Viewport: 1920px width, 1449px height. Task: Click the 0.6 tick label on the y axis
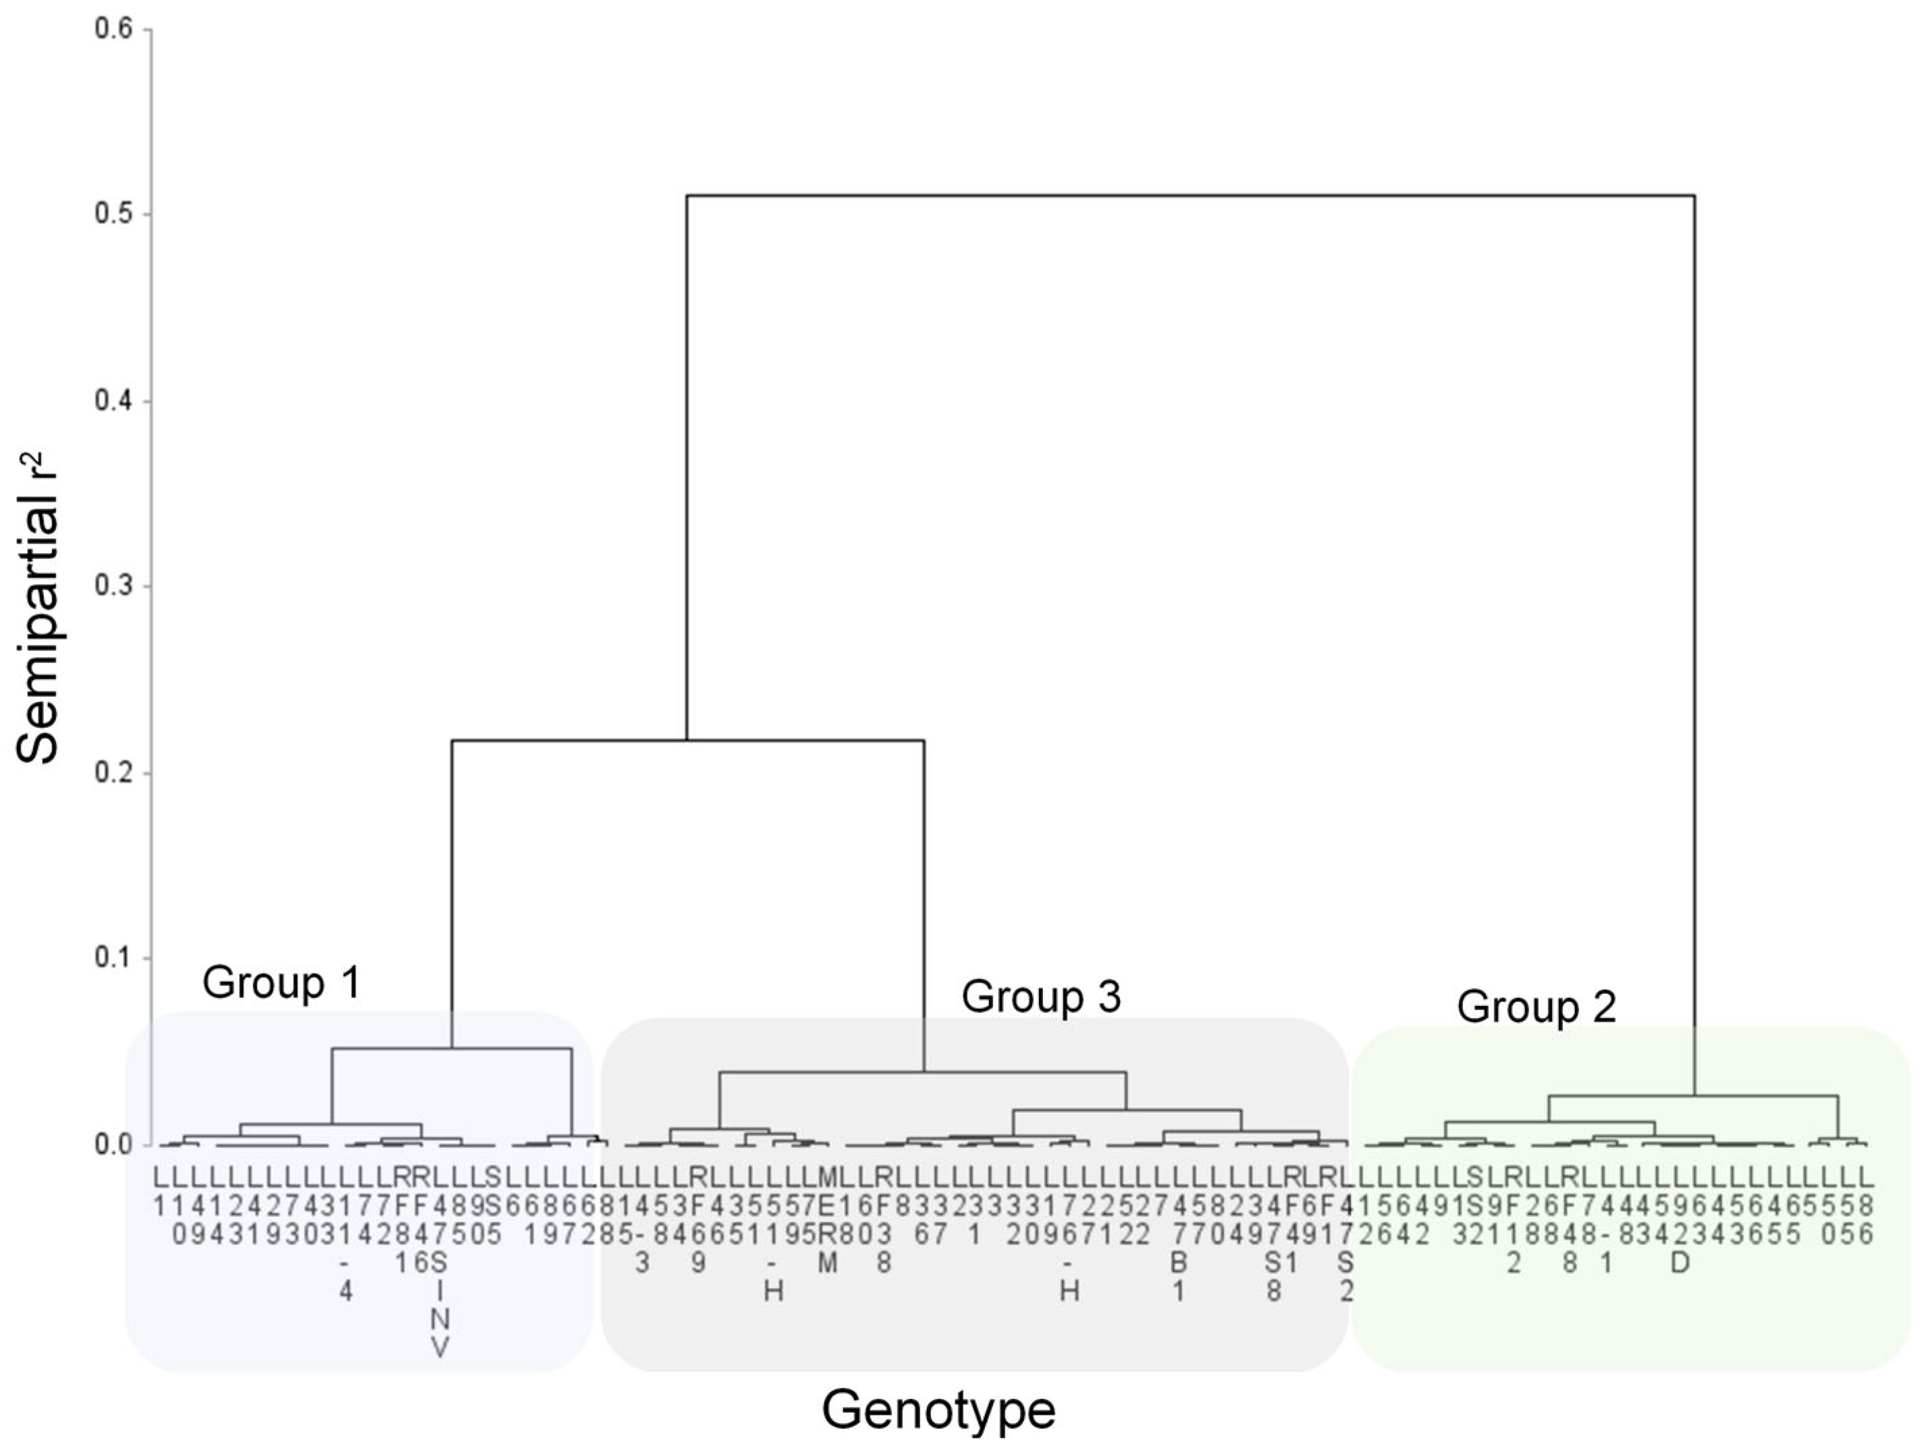(113, 30)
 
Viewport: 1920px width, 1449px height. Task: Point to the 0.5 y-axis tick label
(113, 215)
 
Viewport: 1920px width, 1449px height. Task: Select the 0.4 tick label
(113, 401)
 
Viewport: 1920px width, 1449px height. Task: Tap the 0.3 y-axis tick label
(113, 586)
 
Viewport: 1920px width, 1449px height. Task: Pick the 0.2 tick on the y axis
(113, 772)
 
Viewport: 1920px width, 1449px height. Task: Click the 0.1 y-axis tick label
(113, 959)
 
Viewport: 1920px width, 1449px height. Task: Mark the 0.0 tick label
(113, 1144)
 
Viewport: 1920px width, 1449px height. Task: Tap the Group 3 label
(1041, 996)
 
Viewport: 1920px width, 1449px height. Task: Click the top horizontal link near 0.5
(1190, 196)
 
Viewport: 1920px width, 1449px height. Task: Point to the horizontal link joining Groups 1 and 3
(687, 741)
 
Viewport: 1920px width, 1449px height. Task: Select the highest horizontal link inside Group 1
(452, 1049)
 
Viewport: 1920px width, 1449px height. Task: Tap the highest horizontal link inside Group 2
(1692, 1096)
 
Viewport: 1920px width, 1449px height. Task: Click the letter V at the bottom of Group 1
(440, 1348)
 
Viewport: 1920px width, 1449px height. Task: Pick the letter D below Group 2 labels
(1680, 1263)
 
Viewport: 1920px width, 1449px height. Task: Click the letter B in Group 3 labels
(1178, 1263)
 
